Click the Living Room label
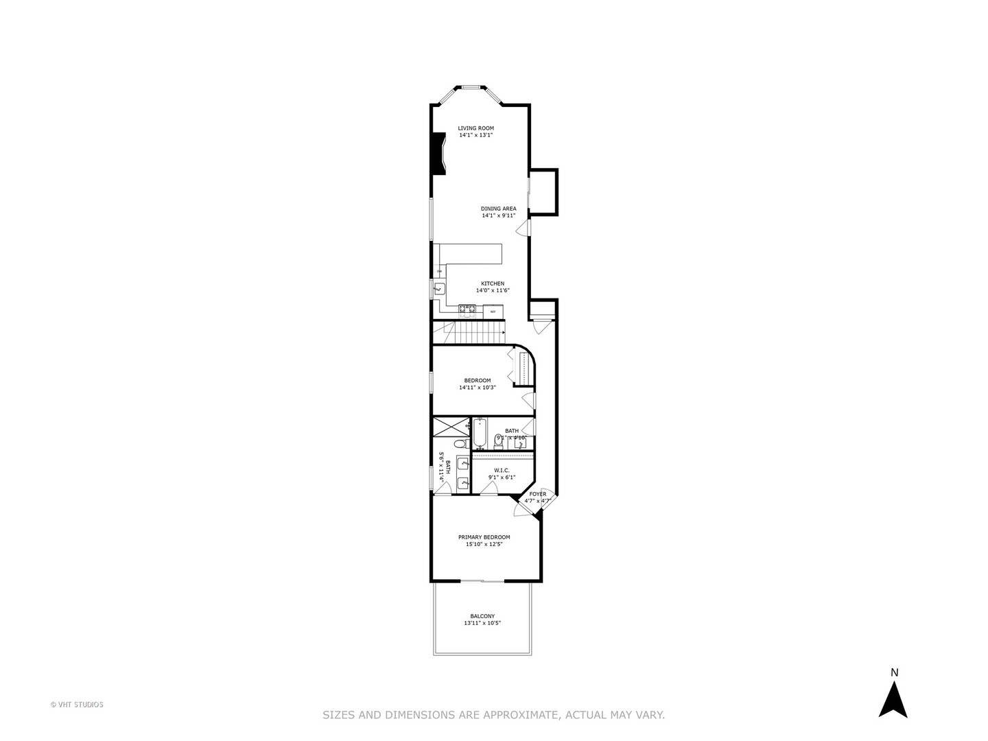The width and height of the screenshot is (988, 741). pos(475,128)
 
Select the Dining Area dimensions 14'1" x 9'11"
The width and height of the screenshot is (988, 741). pos(498,215)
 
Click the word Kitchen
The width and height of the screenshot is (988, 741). pos(492,283)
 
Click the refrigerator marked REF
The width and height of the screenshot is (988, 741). pos(493,312)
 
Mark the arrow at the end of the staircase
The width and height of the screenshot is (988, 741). pos(504,333)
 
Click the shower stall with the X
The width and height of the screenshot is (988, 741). pos(451,426)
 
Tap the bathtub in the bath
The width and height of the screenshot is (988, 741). pos(479,434)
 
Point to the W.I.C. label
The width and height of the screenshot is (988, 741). pos(502,470)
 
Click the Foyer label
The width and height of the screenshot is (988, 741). pos(538,493)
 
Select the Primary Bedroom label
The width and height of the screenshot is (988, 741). pos(484,537)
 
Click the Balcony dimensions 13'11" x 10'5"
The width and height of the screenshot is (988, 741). pos(482,624)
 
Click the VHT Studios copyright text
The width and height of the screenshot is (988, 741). pos(77,705)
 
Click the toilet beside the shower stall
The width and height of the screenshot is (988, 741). pos(459,444)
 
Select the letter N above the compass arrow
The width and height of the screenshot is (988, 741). pos(894,673)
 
